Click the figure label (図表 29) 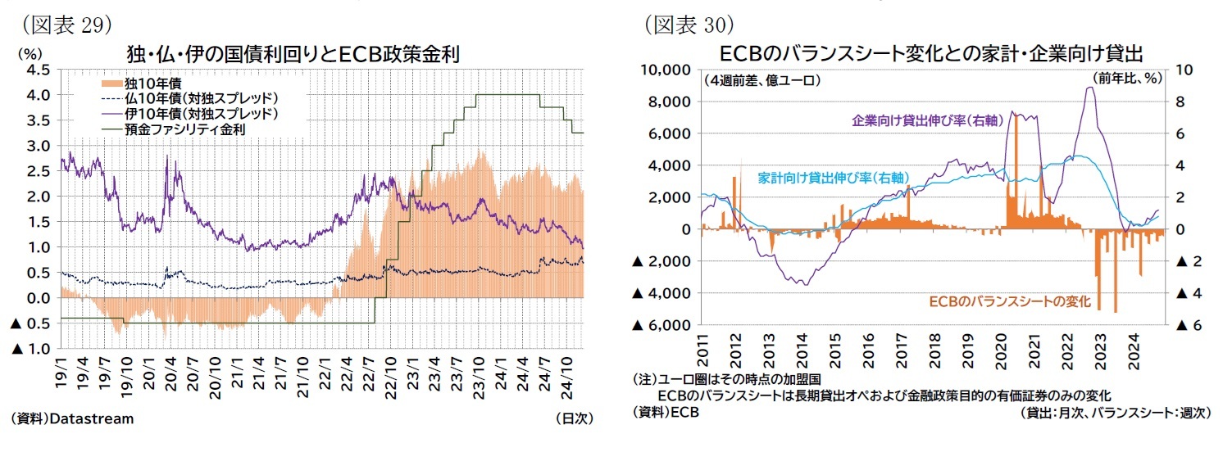(61, 24)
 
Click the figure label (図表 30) (686, 24)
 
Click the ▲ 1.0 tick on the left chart (30, 349)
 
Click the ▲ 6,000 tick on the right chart (658, 325)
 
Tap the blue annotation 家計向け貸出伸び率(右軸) (830, 177)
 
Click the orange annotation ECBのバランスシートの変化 (1009, 302)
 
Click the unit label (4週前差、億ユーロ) (762, 80)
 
